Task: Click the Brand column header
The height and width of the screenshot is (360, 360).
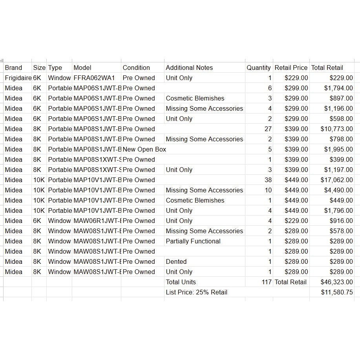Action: point(13,68)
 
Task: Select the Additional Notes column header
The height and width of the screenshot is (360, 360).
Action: point(189,68)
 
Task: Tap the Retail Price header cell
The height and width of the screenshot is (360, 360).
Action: point(291,68)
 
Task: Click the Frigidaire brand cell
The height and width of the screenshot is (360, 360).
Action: point(18,78)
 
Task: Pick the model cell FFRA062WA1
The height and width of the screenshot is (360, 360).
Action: point(94,78)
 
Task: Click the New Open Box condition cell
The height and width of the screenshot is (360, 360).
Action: point(144,149)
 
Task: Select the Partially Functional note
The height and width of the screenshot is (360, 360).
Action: point(193,241)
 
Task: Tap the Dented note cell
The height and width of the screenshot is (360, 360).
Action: point(176,261)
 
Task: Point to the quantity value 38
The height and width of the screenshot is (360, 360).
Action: point(268,180)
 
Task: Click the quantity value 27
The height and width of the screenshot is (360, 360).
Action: point(268,129)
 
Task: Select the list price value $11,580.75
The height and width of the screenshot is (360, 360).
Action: point(336,292)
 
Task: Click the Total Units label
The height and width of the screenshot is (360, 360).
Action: point(181,282)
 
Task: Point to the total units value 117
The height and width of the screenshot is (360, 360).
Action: point(267,282)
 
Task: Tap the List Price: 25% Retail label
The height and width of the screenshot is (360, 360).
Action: point(196,292)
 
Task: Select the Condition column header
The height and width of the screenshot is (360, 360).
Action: point(136,68)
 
